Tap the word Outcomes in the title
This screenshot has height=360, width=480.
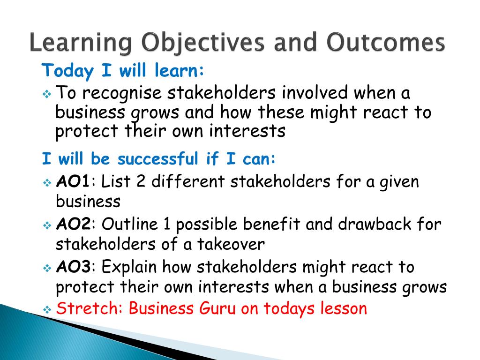point(385,42)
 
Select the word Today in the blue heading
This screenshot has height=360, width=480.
point(67,71)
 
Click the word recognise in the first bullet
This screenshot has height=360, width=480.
point(121,93)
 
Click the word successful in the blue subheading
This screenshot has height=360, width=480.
point(158,158)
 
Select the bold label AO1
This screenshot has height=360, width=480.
point(73,181)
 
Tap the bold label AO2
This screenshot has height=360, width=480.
point(73,225)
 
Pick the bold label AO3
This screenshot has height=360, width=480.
point(73,267)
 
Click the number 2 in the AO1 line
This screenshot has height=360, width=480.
point(141,181)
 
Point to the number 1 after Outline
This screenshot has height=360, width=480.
point(166,224)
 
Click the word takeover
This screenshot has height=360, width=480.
point(231,244)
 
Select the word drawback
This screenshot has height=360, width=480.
point(375,224)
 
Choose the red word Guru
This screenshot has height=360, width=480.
point(217,308)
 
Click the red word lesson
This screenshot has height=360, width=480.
point(344,308)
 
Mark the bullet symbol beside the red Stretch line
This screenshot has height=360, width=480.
point(47,310)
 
